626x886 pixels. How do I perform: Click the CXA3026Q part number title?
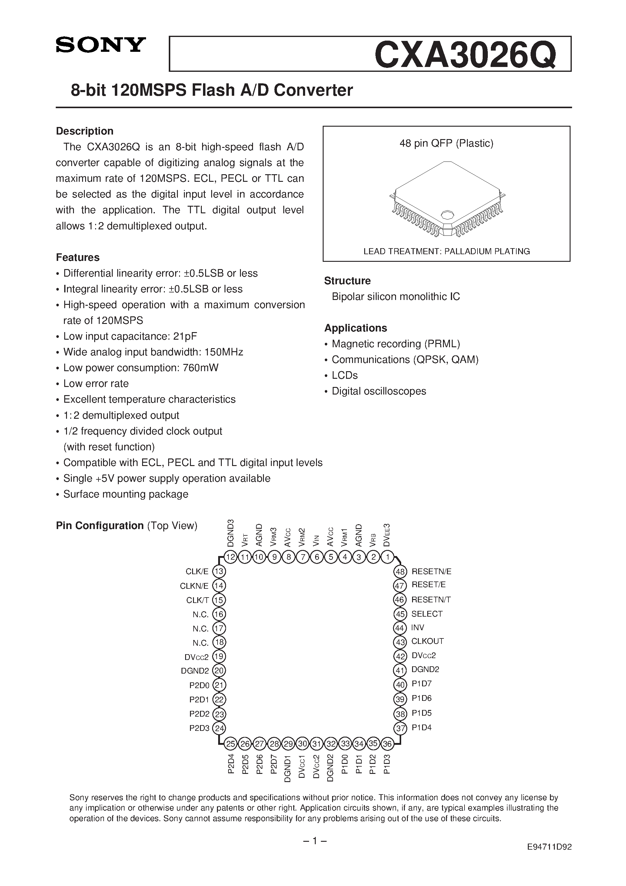[x=465, y=55]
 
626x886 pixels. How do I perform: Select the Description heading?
[x=85, y=131]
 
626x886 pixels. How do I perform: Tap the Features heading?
[x=78, y=257]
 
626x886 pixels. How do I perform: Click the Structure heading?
[x=347, y=281]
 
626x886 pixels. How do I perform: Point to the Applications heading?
[x=355, y=328]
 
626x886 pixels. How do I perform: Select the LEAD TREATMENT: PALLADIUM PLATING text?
[x=447, y=251]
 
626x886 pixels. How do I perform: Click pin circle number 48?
[x=400, y=571]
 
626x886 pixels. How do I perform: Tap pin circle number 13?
[x=219, y=571]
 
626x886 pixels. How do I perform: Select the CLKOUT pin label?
[x=427, y=641]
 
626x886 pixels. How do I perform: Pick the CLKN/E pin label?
[x=194, y=586]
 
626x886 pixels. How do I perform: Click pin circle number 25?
[x=231, y=744]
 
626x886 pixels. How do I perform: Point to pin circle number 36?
[x=387, y=744]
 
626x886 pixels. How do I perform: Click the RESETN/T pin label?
[x=431, y=600]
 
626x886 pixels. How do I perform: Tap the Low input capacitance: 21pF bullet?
[x=130, y=336]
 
